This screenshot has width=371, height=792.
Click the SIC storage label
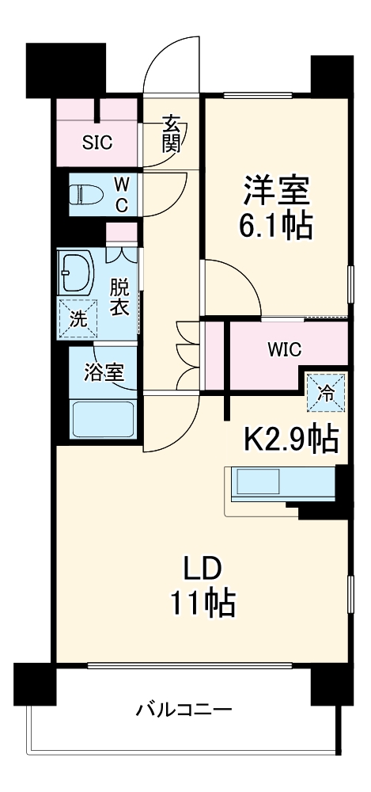[x=99, y=143]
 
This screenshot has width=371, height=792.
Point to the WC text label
[x=121, y=194]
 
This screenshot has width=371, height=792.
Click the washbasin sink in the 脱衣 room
[x=75, y=273]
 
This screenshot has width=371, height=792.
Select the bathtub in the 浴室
[x=103, y=417]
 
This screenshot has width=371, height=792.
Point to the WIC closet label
[x=285, y=348]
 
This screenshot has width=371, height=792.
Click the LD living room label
[x=203, y=569]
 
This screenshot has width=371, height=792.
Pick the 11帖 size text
[x=203, y=605]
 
